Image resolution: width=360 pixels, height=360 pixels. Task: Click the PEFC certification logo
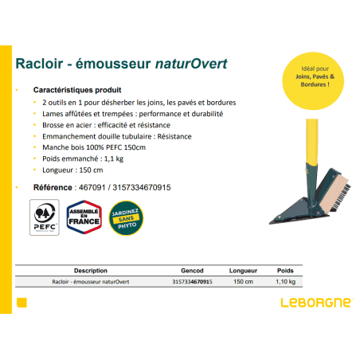(45, 217)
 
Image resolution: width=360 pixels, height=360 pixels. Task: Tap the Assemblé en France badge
(84, 217)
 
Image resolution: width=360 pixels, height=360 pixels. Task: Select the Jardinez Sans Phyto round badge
(126, 218)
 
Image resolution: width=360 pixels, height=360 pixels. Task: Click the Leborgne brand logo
(317, 303)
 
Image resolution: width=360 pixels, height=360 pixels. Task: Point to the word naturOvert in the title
(191, 64)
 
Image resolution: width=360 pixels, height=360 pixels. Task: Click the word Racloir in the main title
(39, 64)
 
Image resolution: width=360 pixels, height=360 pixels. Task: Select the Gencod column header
(192, 271)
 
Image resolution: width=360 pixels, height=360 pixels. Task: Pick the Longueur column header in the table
(243, 271)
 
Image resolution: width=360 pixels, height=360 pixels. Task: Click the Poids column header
(285, 271)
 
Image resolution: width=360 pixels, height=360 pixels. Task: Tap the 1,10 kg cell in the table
(285, 282)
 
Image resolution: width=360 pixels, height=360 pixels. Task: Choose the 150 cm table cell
(243, 282)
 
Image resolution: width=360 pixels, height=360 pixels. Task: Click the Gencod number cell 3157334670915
(192, 282)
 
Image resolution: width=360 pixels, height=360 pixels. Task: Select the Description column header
(91, 271)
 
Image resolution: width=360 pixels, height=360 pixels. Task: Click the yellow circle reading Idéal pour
(313, 80)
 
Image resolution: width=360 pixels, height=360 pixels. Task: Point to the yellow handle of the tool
(312, 142)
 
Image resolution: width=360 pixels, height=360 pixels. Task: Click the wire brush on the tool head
(337, 193)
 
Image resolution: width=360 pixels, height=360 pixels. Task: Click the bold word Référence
(53, 187)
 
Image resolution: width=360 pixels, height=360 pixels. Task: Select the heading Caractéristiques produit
(77, 90)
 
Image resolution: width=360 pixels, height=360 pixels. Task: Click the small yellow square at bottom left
(22, 303)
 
